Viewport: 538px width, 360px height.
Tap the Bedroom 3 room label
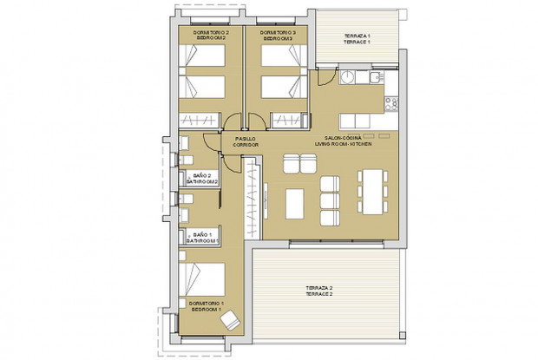coord(278,36)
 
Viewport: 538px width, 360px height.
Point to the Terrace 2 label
coord(319,291)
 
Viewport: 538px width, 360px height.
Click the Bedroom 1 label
coord(205,306)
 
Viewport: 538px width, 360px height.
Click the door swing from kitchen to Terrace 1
coord(324,78)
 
